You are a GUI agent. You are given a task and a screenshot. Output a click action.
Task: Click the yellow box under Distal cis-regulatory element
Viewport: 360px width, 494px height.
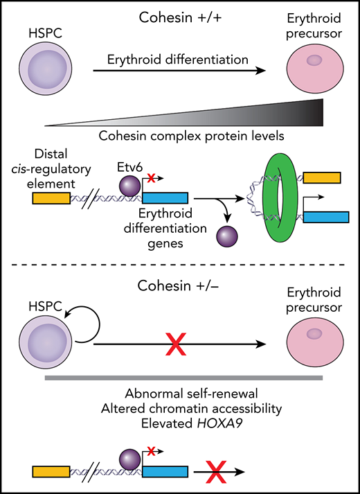coord(51,198)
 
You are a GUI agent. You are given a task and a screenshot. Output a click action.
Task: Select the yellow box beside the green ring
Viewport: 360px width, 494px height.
coord(321,179)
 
